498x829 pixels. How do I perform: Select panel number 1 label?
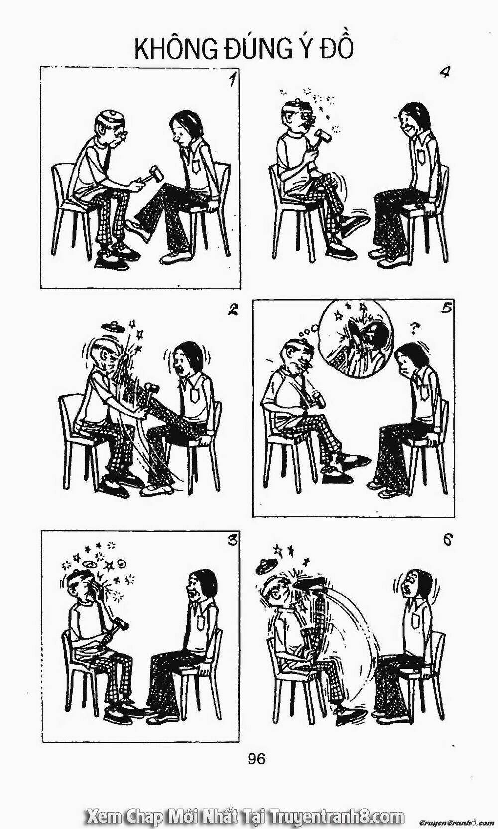[x=230, y=80]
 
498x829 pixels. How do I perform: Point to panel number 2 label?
[x=231, y=311]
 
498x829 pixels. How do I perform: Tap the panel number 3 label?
[x=231, y=541]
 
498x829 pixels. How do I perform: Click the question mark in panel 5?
[x=412, y=327]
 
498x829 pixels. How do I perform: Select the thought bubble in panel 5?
[x=356, y=337]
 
